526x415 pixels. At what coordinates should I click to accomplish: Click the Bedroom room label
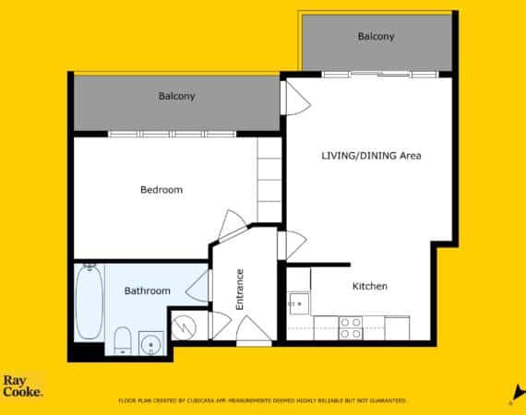161,190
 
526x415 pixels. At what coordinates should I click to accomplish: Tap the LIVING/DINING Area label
371,156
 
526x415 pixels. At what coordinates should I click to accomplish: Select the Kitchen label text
370,286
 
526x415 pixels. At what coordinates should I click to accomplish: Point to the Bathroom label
148,290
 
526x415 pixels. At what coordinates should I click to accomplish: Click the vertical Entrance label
240,290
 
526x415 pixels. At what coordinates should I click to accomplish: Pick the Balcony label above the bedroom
177,96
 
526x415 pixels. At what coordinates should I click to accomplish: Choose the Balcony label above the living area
377,36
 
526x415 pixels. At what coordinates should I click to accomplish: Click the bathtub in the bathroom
89,302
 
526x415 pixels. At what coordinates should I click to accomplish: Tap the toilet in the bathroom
122,340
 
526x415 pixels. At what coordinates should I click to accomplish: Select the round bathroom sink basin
151,343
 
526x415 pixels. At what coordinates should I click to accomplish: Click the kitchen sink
299,303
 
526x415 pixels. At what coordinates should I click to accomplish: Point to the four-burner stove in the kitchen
351,328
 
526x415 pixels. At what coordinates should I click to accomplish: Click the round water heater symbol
184,326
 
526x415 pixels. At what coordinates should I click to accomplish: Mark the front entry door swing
253,329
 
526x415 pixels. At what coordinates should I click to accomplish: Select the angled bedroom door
233,225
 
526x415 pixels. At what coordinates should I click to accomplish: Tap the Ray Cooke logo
22,385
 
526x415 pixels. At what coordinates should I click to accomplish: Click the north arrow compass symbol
520,392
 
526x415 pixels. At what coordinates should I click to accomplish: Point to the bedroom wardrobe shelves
269,180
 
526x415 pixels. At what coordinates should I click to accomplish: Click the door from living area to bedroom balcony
296,99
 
